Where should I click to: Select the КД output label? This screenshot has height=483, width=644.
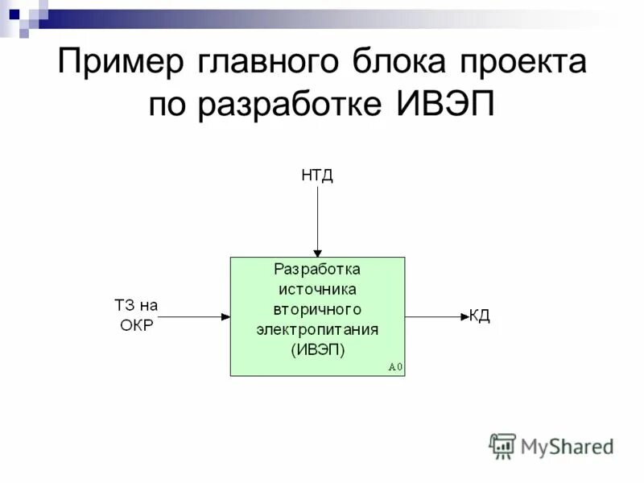(480, 316)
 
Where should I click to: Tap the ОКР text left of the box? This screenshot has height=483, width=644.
(136, 325)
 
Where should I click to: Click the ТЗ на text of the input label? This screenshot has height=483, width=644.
(137, 306)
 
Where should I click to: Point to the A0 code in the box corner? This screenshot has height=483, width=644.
(394, 367)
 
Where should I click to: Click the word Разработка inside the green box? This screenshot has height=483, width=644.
(317, 270)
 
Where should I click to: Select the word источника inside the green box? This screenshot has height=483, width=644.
(317, 289)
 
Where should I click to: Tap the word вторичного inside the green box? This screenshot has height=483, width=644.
(317, 309)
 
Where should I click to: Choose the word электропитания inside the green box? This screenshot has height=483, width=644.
(317, 329)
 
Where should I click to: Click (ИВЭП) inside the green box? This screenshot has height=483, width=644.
(317, 349)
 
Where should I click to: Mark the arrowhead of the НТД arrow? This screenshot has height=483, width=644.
(317, 252)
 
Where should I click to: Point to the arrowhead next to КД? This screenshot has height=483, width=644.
(464, 317)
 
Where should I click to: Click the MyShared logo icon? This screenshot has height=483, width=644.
(502, 446)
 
